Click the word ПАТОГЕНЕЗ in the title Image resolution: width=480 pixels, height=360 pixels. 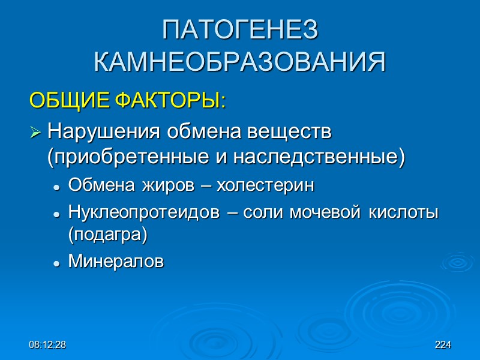tap(239, 31)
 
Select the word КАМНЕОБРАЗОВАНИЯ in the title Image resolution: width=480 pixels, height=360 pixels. tap(239, 62)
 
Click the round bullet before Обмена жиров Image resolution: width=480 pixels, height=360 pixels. tap(56, 187)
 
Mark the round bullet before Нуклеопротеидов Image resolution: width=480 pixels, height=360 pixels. tap(56, 214)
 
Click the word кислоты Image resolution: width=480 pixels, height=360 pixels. tap(406, 212)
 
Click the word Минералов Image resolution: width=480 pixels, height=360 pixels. tap(116, 262)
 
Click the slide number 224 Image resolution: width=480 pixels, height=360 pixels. tap(442, 345)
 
